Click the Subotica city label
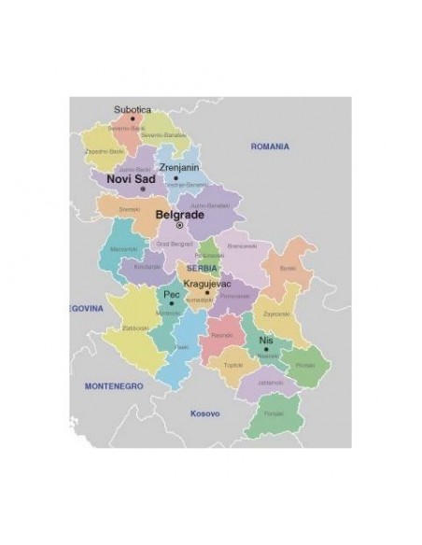[132, 109]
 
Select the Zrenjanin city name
[179, 167]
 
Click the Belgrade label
[179, 214]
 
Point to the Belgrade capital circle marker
[180, 225]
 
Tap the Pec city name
[171, 294]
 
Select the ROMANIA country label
[270, 147]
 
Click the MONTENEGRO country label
[113, 384]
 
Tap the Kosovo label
[204, 412]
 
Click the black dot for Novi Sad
[143, 189]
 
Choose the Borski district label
[287, 268]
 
